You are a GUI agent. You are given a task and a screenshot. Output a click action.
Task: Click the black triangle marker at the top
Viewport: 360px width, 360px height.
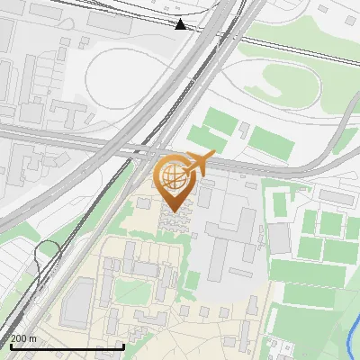click(181, 24)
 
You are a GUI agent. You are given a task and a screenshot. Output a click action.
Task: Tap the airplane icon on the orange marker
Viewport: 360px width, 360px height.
click(198, 163)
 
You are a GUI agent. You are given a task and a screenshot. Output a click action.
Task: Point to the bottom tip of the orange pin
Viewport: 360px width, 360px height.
click(173, 211)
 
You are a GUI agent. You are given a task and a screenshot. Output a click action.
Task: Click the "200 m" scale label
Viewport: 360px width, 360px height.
click(23, 338)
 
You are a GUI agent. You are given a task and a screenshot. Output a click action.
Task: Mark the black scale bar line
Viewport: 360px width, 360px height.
click(67, 346)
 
